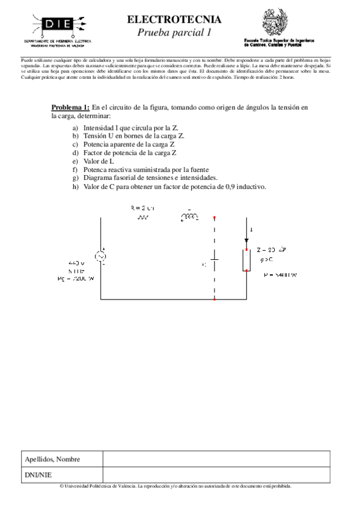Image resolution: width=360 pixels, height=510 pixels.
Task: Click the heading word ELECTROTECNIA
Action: coord(174,20)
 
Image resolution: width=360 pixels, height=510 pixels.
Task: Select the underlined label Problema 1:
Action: coord(70,107)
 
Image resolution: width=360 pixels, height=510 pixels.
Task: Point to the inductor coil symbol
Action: coord(189,218)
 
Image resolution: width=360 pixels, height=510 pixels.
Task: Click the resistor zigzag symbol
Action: coord(143,218)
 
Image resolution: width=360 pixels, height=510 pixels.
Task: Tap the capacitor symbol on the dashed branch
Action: coord(215,263)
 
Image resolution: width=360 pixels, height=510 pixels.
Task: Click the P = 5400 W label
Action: coord(281,275)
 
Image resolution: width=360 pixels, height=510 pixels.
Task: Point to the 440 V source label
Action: coord(77,263)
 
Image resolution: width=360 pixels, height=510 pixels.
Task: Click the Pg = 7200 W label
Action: coord(76,278)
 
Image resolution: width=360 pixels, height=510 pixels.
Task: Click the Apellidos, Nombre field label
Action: coord(53,459)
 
